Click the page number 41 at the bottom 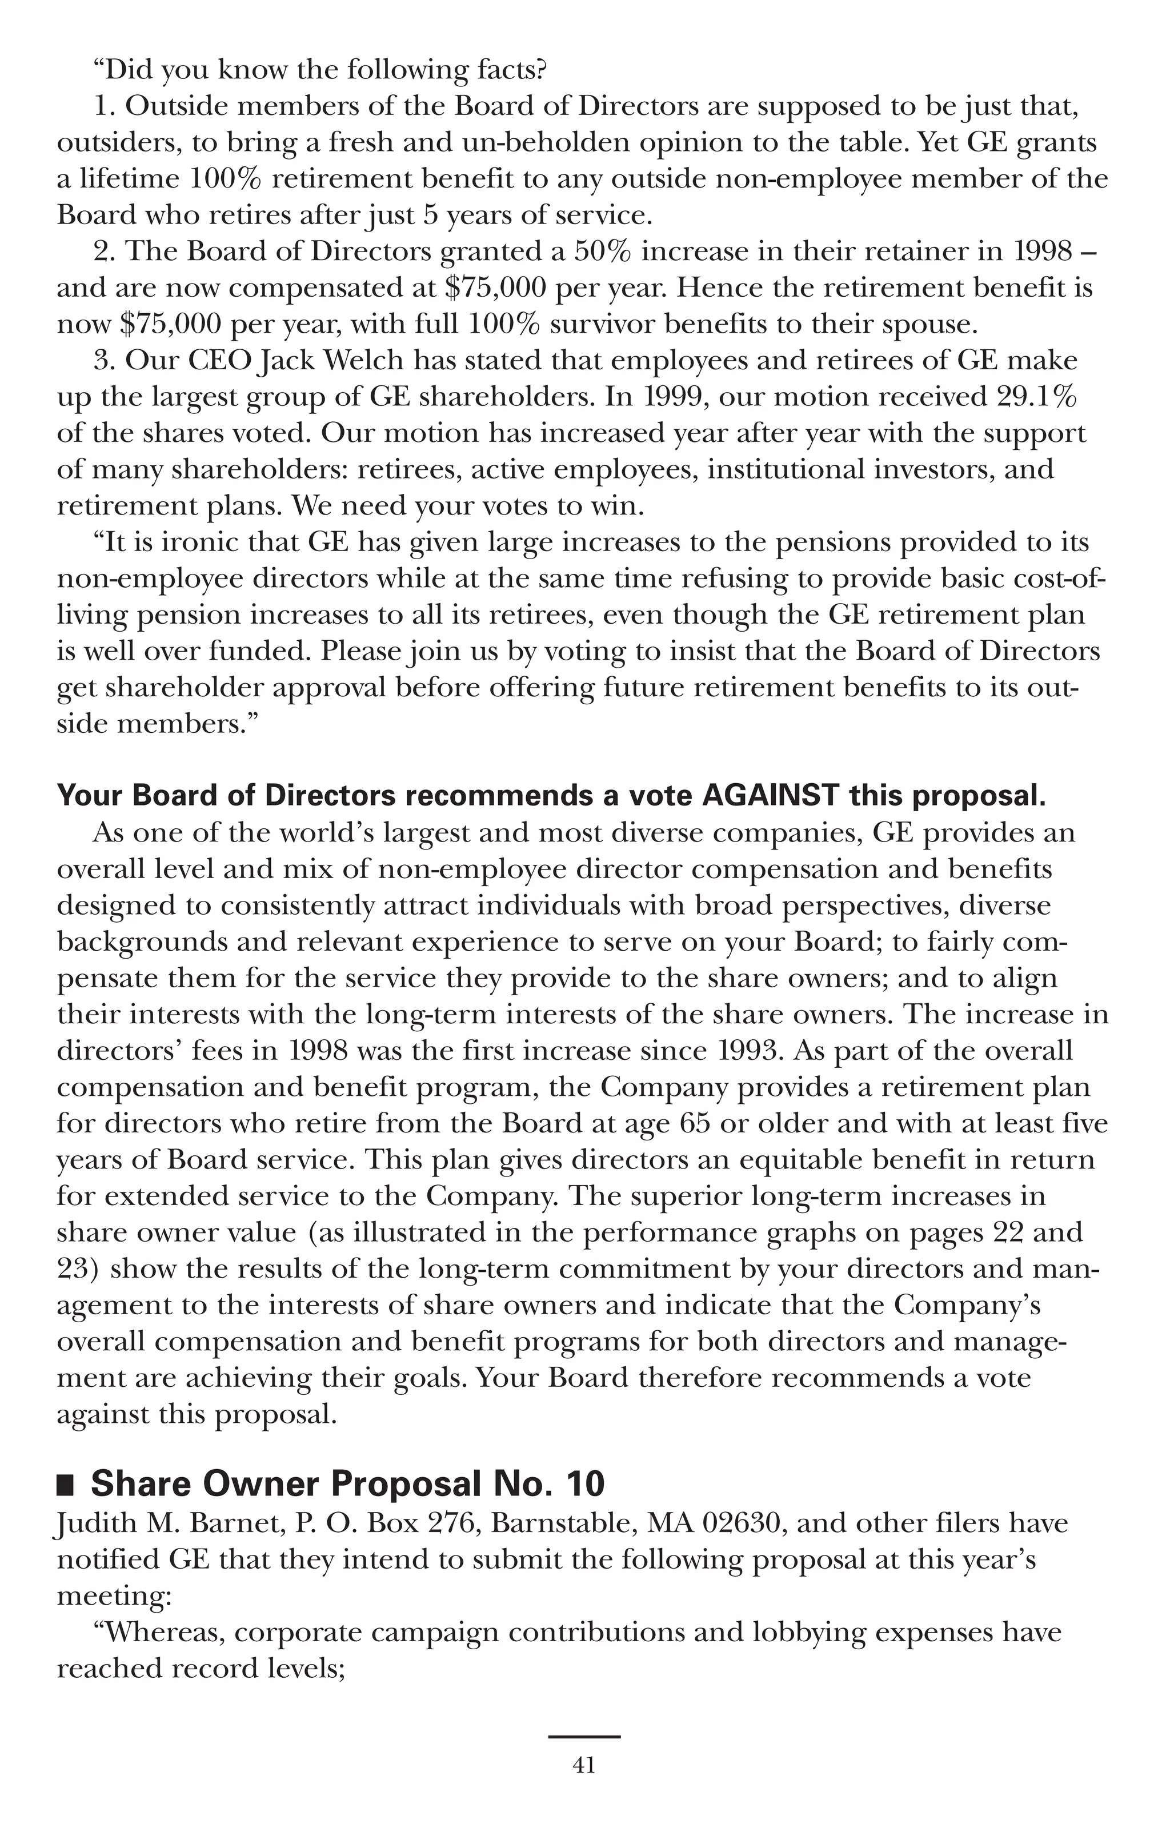pos(583,1765)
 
